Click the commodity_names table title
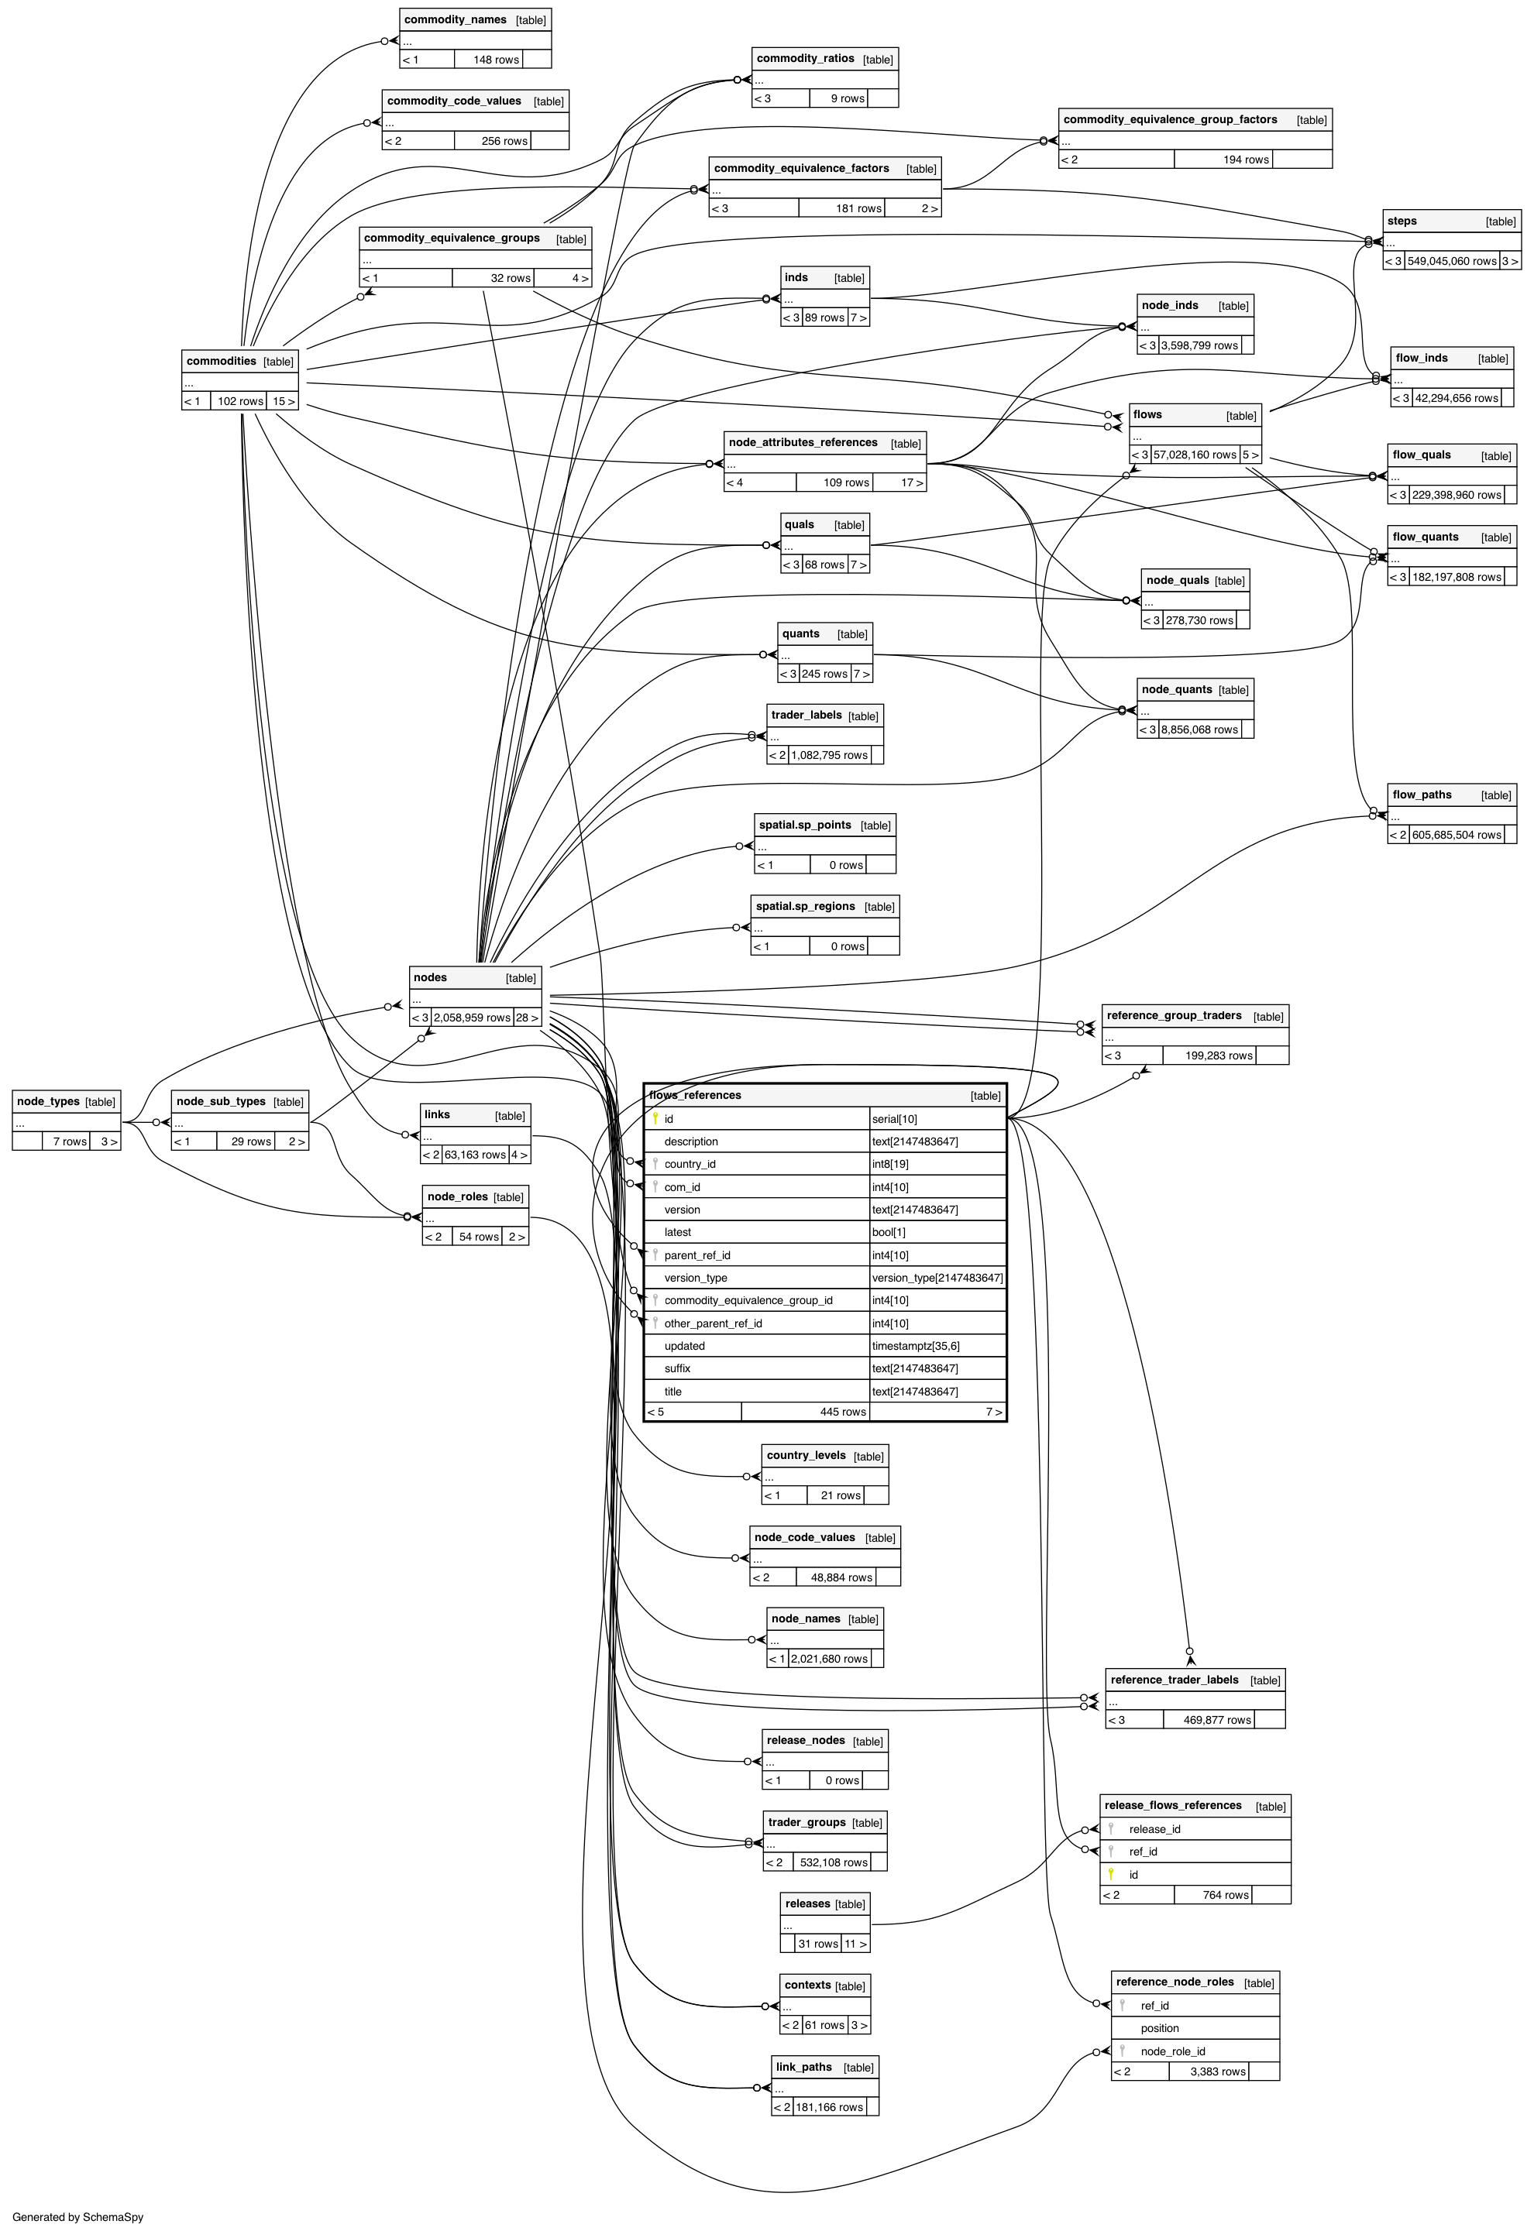pos(455,20)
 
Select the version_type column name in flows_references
pos(695,1278)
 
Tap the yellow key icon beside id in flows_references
pos(655,1118)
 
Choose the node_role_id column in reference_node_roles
pos(1173,2051)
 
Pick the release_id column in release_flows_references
pos(1154,1829)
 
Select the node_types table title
pos(48,1102)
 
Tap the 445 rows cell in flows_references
pos(842,1412)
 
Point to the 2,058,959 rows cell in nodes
pos(471,1018)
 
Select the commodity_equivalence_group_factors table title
pos(1170,120)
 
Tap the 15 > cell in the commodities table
pos(283,402)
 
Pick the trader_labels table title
pos(806,716)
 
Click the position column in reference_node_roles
pos(1159,2028)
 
